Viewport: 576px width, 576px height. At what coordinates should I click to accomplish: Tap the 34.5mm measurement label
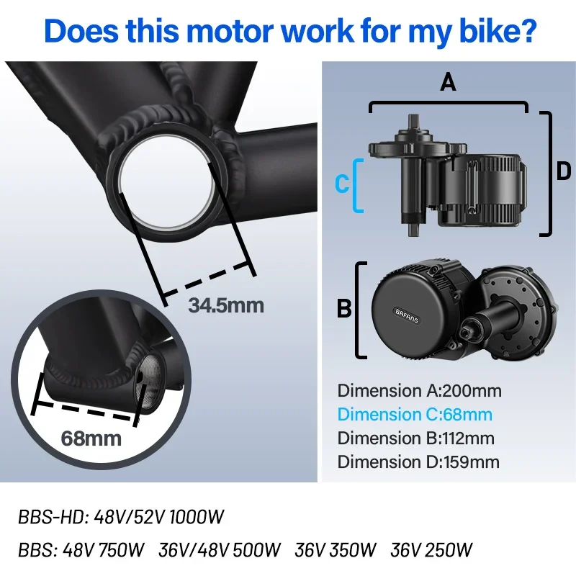pyautogui.click(x=226, y=305)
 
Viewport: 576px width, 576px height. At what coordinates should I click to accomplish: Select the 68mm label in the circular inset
pyautogui.click(x=91, y=438)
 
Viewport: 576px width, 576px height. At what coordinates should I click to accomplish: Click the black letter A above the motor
pyautogui.click(x=448, y=82)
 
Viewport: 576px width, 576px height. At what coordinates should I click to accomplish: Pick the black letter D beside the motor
pyautogui.click(x=564, y=171)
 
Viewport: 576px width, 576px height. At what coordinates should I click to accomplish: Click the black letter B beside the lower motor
pyautogui.click(x=344, y=309)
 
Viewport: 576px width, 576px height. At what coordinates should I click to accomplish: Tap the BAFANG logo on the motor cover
pyautogui.click(x=407, y=316)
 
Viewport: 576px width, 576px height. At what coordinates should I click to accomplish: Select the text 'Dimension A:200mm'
pyautogui.click(x=419, y=390)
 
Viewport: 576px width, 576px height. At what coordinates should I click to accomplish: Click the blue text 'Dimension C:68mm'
pyautogui.click(x=415, y=415)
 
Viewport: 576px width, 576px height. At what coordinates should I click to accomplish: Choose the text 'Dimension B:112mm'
pyautogui.click(x=416, y=438)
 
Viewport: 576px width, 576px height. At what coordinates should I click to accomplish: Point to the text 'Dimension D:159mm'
pyautogui.click(x=418, y=462)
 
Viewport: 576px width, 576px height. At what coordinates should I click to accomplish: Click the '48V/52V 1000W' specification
pyautogui.click(x=158, y=517)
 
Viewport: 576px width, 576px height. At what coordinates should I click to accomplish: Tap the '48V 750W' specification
pyautogui.click(x=103, y=550)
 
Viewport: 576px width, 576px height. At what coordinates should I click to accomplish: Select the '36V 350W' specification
pyautogui.click(x=336, y=550)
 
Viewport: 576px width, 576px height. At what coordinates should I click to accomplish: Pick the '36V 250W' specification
pyautogui.click(x=431, y=550)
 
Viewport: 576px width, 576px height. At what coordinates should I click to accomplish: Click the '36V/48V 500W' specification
pyautogui.click(x=220, y=550)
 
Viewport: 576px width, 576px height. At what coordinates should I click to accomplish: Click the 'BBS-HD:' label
pyautogui.click(x=53, y=517)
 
